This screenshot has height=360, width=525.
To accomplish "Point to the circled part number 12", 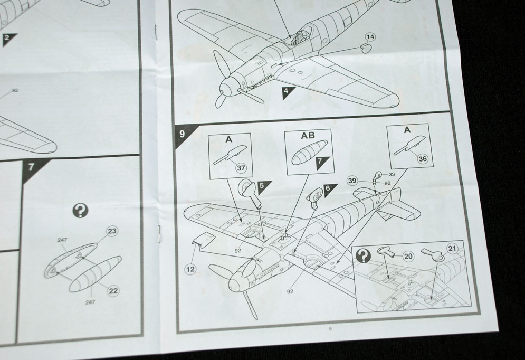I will coord(191,269).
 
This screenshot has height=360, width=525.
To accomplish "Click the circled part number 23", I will coord(112,231).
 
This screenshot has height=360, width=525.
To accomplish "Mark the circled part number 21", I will coord(452,248).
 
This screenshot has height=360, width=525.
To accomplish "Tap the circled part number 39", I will coord(352,181).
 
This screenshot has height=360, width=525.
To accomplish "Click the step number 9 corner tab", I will coord(182,134).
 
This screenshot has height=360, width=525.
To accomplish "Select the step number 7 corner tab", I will coord(31,167).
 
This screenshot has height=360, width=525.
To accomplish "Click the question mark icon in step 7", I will coord(80,211).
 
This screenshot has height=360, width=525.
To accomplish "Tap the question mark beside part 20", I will coord(364,255).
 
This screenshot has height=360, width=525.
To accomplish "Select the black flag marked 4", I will coord(287,92).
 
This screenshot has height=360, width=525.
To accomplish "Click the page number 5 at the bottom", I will coord(330,329).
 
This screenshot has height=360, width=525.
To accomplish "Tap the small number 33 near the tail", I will coord(392,175).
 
